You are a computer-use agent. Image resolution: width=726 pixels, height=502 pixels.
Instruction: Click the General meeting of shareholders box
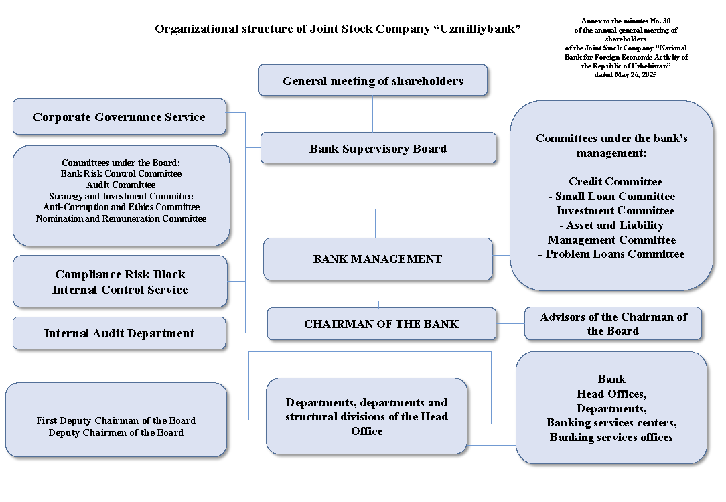coord(372,81)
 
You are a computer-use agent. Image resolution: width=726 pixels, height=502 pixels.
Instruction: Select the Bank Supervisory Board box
coord(378,149)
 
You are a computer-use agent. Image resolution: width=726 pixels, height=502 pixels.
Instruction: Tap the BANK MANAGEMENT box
coord(378,259)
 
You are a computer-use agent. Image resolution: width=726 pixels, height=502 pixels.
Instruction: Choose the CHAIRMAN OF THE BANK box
coord(381,324)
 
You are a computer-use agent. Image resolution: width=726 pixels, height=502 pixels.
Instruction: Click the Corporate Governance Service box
coord(119,117)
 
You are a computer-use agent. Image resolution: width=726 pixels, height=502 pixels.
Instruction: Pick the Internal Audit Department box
coord(119,333)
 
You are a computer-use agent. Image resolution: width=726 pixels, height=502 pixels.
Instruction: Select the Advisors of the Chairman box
coord(613,324)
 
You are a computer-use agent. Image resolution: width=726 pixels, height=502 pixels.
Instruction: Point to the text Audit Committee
coord(121,185)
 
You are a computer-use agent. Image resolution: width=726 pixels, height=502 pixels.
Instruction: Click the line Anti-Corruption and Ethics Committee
coord(121,207)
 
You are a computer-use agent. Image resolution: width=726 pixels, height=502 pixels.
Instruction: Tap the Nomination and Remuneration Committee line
coord(121,219)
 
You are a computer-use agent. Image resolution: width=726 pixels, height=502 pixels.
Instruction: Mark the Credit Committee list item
coord(611,182)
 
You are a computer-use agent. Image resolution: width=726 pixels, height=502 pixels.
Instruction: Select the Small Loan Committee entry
coord(611,197)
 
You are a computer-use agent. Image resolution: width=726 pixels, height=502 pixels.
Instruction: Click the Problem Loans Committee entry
coord(611,254)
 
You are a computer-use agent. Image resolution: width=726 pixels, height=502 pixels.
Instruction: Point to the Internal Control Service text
coord(120,290)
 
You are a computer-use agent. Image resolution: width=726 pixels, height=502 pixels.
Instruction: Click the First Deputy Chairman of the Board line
coord(116,421)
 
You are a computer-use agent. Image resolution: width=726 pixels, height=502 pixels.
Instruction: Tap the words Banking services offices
coord(611,438)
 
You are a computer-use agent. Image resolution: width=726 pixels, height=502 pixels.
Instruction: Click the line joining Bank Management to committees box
coord(501,255)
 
